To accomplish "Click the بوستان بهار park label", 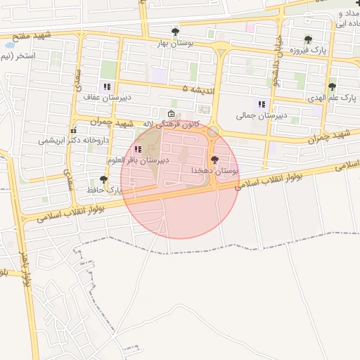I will pyautogui.click(x=174, y=43).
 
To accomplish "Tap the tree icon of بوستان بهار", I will pyautogui.click(x=175, y=32).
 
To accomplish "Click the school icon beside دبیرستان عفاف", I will pyautogui.click(x=107, y=87).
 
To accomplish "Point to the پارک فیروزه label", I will pyautogui.click(x=312, y=51).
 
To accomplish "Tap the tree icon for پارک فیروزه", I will pyautogui.click(x=308, y=39).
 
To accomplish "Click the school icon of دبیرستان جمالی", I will pyautogui.click(x=262, y=105).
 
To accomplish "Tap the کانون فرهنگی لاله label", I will pyautogui.click(x=172, y=124).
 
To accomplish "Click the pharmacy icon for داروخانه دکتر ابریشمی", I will pyautogui.click(x=72, y=130).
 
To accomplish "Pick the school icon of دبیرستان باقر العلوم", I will pyautogui.click(x=136, y=149).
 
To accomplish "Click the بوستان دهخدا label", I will pyautogui.click(x=214, y=171).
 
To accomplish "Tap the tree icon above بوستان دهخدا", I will pyautogui.click(x=214, y=160).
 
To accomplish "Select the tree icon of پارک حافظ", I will pyautogui.click(x=104, y=180).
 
